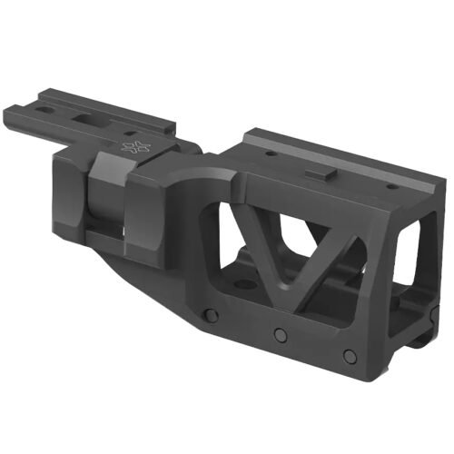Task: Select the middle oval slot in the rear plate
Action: click(89, 117)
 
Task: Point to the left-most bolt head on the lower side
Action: click(210, 315)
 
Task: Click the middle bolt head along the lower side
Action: click(281, 333)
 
